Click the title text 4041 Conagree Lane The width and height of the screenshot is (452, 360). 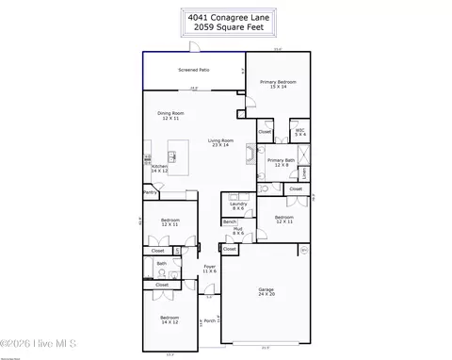(226, 15)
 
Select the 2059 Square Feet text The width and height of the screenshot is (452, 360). (226, 27)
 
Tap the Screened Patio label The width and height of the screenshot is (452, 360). (194, 70)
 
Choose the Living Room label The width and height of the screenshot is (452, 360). (222, 143)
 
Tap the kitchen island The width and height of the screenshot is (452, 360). (177, 155)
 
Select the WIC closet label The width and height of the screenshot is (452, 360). (299, 133)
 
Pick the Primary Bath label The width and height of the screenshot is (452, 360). (281, 162)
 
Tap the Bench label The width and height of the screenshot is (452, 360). (230, 221)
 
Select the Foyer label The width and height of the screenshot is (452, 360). (210, 269)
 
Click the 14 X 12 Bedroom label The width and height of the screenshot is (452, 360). (169, 319)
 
